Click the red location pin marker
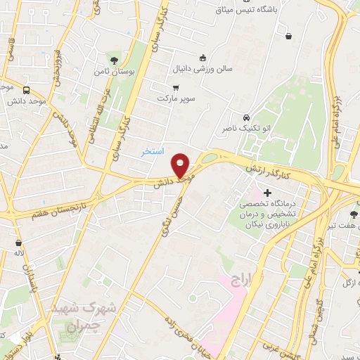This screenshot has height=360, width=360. pyautogui.click(x=181, y=165)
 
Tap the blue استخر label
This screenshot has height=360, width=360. pyautogui.click(x=152, y=151)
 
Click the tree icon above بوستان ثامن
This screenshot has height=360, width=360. pyautogui.click(x=114, y=60)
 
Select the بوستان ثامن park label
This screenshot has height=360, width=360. pyautogui.click(x=112, y=72)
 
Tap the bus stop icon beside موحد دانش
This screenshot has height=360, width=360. pyautogui.click(x=27, y=90)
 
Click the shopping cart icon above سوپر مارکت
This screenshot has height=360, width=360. pyautogui.click(x=176, y=87)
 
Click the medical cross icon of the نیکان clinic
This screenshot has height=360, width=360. pyautogui.click(x=267, y=192)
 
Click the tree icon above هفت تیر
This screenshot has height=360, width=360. pyautogui.click(x=352, y=216)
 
